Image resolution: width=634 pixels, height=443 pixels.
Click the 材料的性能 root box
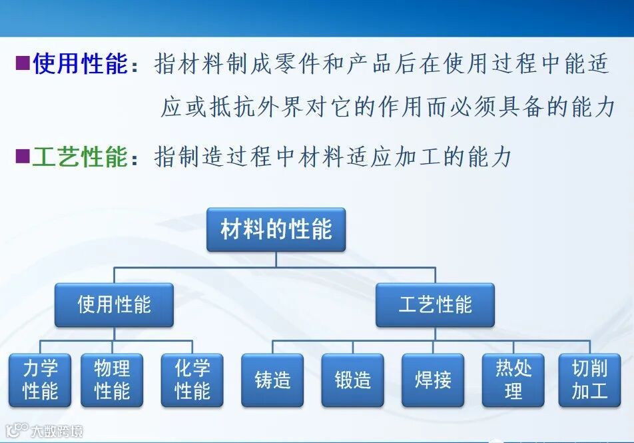[x=276, y=230]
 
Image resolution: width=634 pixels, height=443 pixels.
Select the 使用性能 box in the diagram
[x=114, y=305]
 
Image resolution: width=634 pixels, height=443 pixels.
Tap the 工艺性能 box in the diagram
[x=435, y=305]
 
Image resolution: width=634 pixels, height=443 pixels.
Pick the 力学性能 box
[x=40, y=380]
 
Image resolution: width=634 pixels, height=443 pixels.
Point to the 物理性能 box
[x=112, y=380]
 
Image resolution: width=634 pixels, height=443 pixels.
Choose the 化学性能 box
[x=192, y=380]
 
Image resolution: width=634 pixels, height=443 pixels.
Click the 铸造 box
[x=272, y=380]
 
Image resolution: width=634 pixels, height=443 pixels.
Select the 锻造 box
[x=352, y=380]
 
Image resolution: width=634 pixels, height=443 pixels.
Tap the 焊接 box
[x=433, y=380]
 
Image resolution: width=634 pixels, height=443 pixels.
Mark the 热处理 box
[x=513, y=380]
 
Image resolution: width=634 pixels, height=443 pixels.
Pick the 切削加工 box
[x=589, y=380]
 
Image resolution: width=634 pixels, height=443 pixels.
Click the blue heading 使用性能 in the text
[x=80, y=64]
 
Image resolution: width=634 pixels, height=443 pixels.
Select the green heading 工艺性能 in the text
[x=80, y=157]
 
